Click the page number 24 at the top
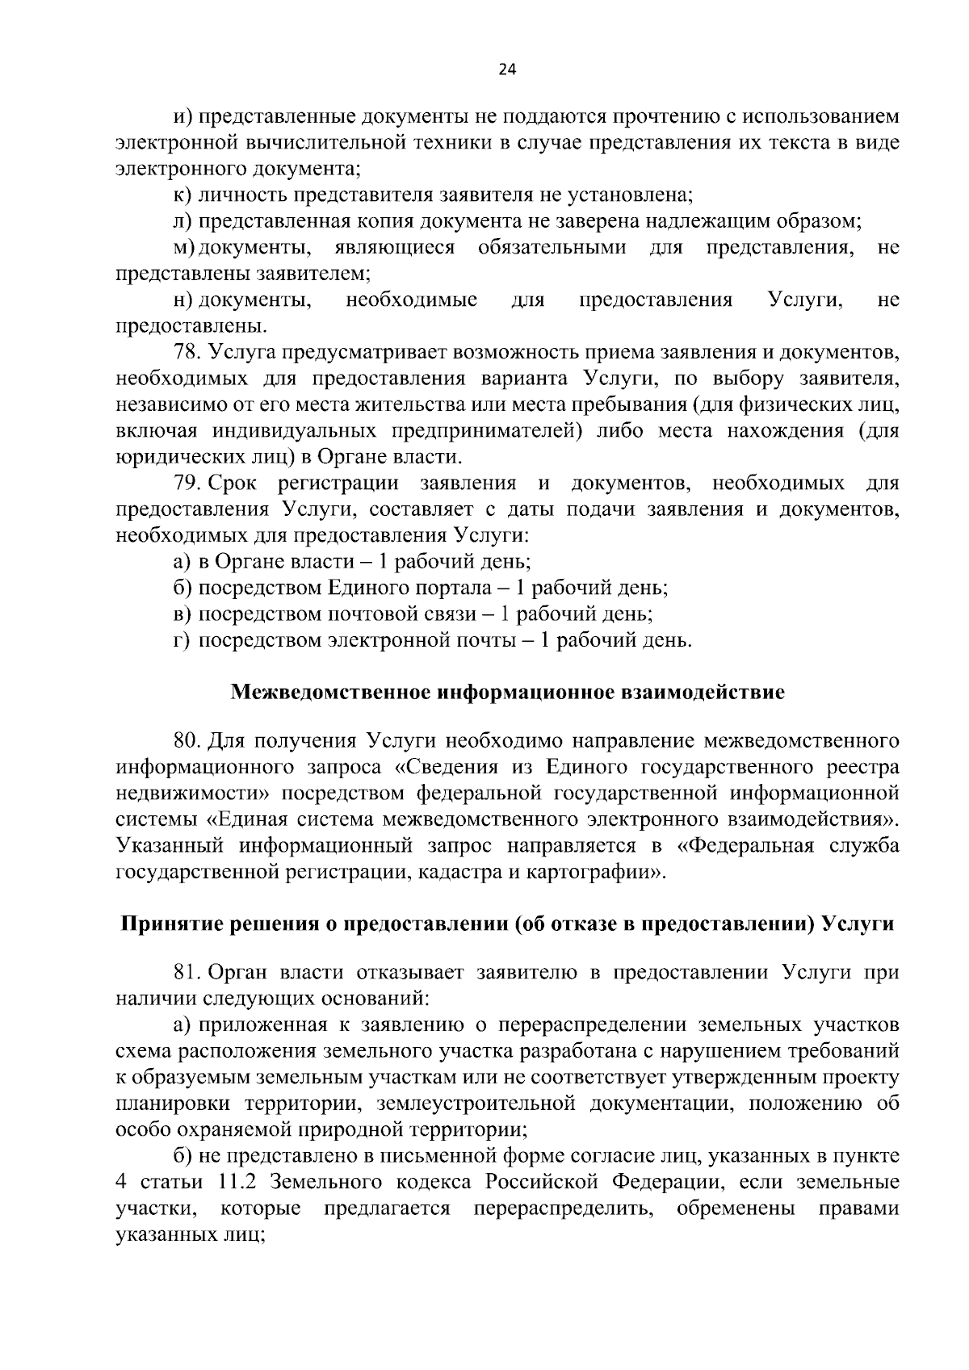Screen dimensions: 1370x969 pyautogui.click(x=506, y=69)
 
